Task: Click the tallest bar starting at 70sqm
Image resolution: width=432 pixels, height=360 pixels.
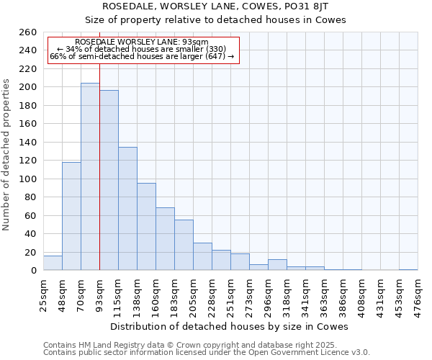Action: (x=90, y=176)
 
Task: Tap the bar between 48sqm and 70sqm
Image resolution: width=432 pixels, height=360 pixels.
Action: (x=71, y=216)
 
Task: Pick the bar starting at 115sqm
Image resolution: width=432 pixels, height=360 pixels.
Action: (x=127, y=209)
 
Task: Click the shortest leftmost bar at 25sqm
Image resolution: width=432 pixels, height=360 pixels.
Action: (x=53, y=264)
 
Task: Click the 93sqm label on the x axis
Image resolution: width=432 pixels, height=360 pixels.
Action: (x=99, y=292)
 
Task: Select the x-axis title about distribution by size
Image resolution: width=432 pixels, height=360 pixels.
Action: (x=230, y=326)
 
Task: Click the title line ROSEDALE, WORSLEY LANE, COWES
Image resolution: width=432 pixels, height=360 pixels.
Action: (x=230, y=6)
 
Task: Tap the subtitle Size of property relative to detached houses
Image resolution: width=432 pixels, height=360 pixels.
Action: (x=230, y=20)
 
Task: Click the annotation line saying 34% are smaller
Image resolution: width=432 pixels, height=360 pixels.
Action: (x=141, y=49)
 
